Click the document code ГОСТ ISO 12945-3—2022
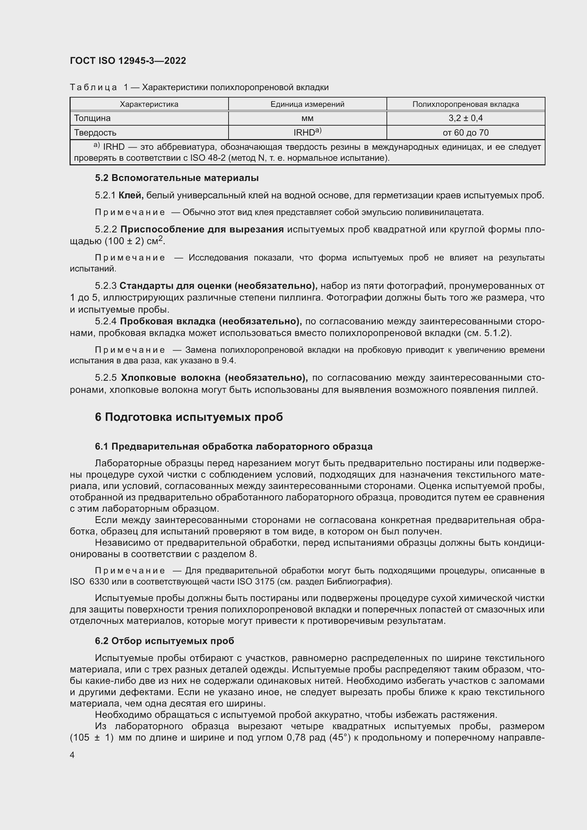(x=128, y=61)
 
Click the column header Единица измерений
(x=307, y=104)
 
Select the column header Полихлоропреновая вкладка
(x=466, y=104)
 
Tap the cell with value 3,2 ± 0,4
(x=466, y=118)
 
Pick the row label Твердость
(x=95, y=133)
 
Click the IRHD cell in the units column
(x=307, y=132)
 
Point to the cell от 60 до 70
(x=466, y=133)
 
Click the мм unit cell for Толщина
(x=307, y=118)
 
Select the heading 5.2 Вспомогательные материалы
(x=177, y=178)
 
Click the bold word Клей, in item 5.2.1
(x=131, y=196)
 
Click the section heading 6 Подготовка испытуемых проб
(x=189, y=417)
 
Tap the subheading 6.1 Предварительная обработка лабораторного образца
(x=234, y=446)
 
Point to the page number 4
(x=72, y=755)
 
